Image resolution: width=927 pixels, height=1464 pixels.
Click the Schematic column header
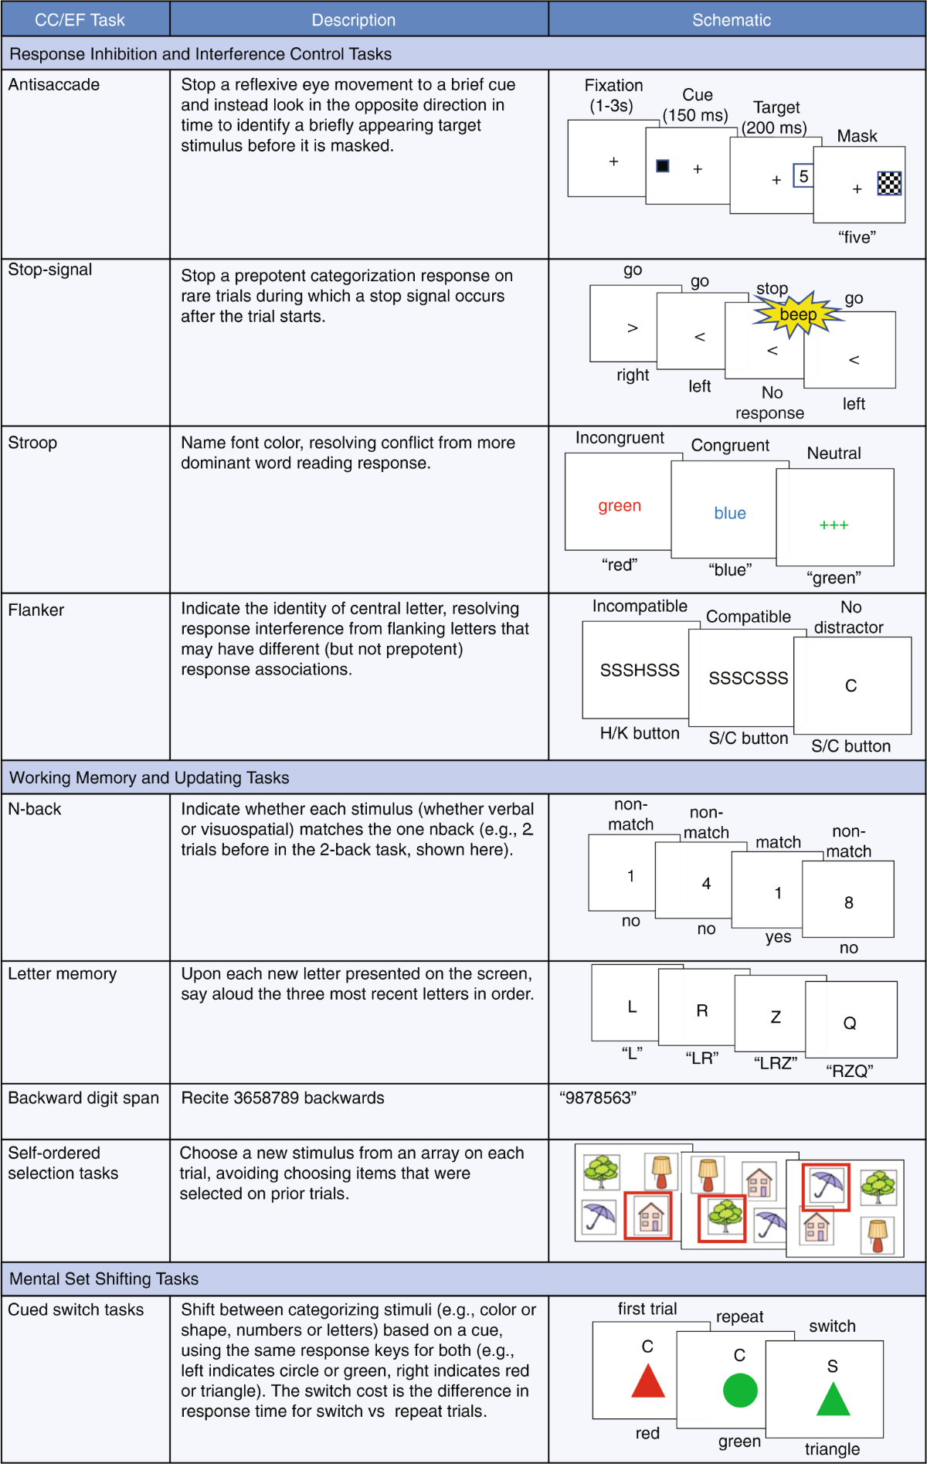click(x=731, y=20)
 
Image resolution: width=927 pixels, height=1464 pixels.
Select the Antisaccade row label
click(x=54, y=85)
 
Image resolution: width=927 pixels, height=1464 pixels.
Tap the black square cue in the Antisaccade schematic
click(x=663, y=166)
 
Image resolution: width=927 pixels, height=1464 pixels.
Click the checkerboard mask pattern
click(x=889, y=183)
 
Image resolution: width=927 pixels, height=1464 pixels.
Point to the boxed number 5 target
click(x=803, y=176)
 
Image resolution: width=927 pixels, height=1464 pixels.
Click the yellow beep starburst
click(x=796, y=314)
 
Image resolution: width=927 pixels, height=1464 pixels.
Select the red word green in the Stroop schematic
click(x=620, y=506)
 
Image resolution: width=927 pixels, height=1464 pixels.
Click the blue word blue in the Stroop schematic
click(x=730, y=514)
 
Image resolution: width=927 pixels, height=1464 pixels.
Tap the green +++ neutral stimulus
click(x=834, y=525)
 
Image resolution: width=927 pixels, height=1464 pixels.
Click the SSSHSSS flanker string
click(x=640, y=671)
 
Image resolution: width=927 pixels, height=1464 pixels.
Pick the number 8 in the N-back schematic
click(x=849, y=903)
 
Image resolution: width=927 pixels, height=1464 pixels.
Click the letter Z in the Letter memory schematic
click(x=776, y=1017)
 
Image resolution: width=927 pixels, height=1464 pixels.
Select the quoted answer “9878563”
click(x=598, y=1098)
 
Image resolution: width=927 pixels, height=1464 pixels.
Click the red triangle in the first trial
click(x=648, y=1381)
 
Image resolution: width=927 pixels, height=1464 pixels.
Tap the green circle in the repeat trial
click(x=740, y=1390)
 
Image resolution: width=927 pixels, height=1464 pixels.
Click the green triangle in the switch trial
click(x=833, y=1400)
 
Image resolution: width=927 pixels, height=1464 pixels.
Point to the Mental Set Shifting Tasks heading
click(x=104, y=1279)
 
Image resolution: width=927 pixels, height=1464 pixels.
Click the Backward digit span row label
click(x=83, y=1098)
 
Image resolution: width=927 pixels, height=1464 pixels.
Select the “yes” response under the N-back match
click(x=778, y=937)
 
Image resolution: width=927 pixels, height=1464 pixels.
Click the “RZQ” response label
click(x=849, y=1071)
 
